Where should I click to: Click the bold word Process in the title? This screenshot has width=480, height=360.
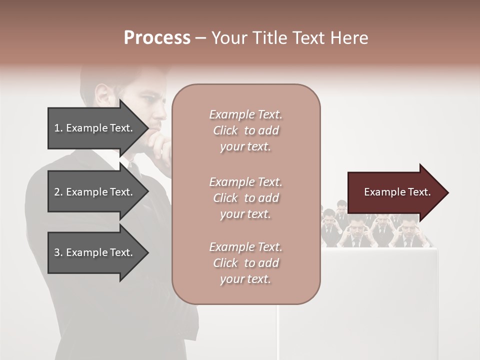(157, 38)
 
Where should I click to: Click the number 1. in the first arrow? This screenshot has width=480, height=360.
(58, 128)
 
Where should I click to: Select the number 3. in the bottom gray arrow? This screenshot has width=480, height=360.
(58, 252)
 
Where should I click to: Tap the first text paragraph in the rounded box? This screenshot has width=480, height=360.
(245, 130)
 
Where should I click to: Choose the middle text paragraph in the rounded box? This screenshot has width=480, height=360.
(245, 198)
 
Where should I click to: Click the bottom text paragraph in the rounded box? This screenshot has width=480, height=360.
(245, 263)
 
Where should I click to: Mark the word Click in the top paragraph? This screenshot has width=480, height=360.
(225, 130)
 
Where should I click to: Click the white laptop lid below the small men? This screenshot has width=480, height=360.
(380, 280)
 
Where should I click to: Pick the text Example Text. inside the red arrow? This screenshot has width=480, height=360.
(397, 192)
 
